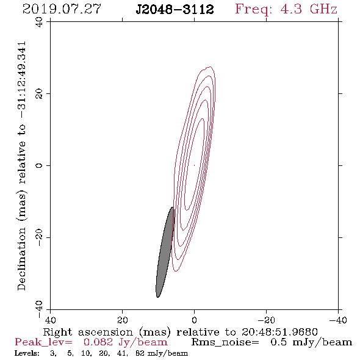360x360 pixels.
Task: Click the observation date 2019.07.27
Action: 62,9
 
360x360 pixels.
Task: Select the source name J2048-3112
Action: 175,10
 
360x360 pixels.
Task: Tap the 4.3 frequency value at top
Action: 291,9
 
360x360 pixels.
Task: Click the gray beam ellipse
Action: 165,252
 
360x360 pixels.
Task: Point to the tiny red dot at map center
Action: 194,165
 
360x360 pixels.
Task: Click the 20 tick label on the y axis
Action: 39,94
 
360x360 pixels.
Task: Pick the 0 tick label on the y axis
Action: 39,165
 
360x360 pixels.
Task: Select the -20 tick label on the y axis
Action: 39,237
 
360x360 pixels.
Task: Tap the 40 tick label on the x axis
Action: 50,320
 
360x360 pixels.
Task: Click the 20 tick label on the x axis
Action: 123,320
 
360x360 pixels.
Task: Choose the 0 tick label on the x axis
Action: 195,320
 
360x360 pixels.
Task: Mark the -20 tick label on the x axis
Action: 266,320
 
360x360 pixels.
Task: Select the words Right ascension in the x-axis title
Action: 88,332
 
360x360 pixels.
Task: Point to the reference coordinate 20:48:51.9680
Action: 279,332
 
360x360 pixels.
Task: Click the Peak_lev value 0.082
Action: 98,342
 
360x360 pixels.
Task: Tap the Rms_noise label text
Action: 225,342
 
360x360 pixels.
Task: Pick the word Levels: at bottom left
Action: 27,353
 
